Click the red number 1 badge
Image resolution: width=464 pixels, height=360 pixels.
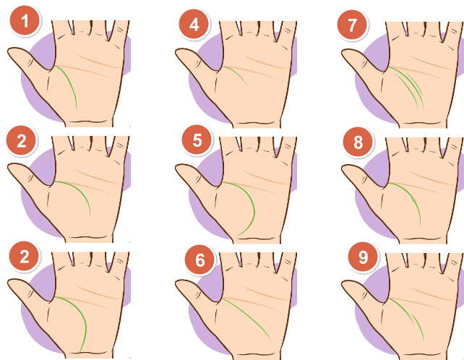pos(25,21)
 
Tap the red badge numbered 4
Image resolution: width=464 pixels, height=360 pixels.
pos(194,25)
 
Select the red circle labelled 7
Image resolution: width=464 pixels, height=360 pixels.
pos(352,25)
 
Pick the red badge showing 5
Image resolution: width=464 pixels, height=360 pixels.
pos(197,140)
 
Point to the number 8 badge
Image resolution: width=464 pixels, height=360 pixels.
pos(358,142)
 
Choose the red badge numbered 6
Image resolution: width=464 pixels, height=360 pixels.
pos(199,260)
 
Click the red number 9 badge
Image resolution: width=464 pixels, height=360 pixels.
pos(363,257)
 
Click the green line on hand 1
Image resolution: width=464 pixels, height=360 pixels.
pos(70,83)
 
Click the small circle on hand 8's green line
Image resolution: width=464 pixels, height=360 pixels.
pos(413,200)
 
